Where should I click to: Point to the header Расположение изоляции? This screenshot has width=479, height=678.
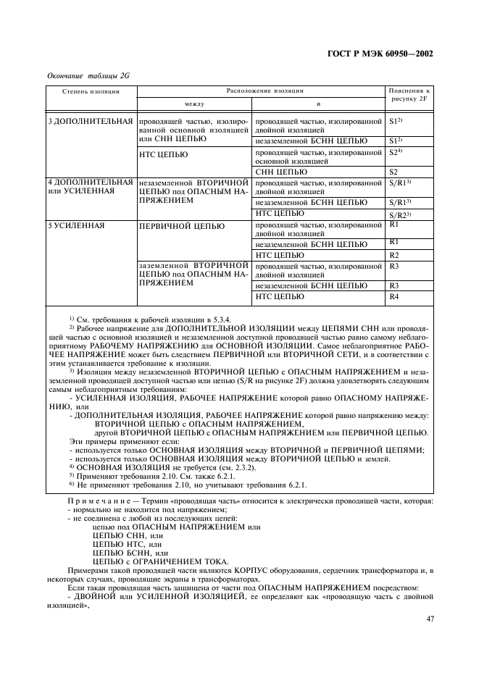[261, 91]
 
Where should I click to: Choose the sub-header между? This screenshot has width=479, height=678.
[194, 104]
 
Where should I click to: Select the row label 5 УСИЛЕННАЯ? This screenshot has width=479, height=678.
[75, 226]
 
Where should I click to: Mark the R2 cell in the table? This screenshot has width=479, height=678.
[394, 255]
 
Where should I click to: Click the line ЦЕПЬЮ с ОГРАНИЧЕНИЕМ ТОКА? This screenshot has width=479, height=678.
[156, 562]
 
